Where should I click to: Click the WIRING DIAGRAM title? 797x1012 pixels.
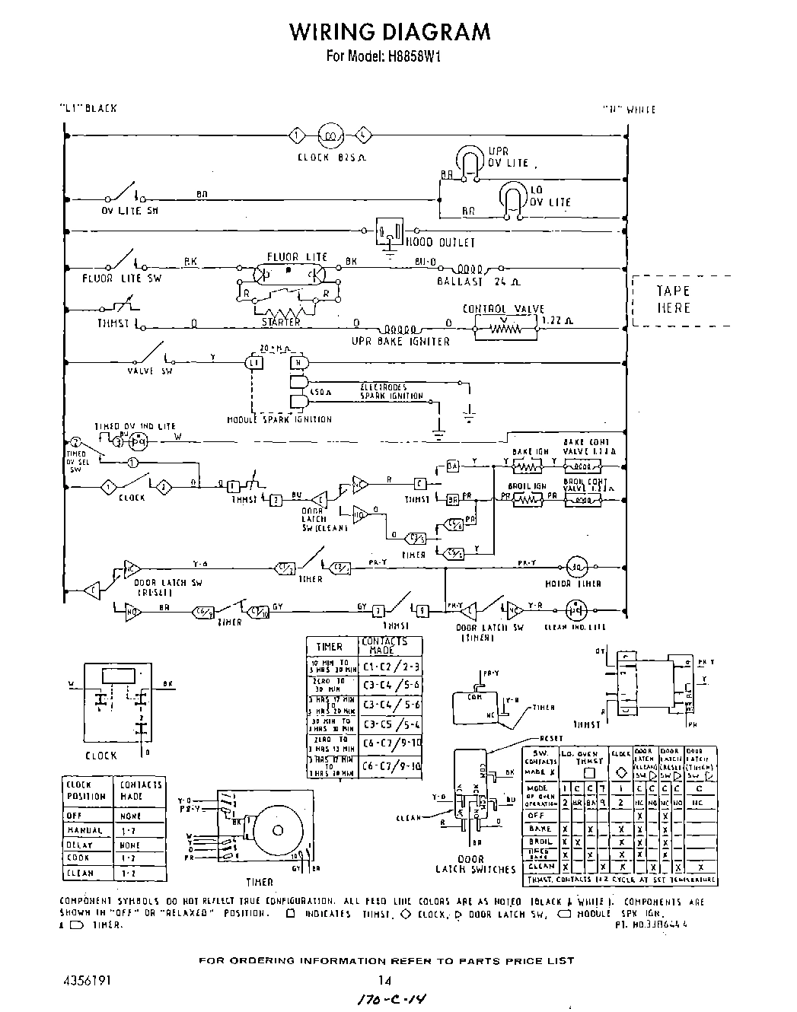tap(389, 31)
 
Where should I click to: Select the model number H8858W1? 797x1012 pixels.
tap(410, 56)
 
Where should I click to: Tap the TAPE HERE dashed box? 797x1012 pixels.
tap(674, 300)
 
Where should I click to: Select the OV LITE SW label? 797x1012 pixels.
tap(130, 211)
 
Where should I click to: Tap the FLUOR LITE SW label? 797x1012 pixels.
tap(122, 278)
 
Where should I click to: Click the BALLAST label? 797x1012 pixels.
tap(460, 282)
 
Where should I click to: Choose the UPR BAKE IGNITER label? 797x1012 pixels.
tap(400, 342)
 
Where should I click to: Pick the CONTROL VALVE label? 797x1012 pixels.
tap(503, 309)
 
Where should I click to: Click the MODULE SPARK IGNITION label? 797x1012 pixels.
tap(279, 419)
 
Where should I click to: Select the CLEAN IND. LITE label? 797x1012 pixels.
tap(575, 628)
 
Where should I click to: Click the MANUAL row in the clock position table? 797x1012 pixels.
tap(84, 830)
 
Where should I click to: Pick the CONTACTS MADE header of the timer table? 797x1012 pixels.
tap(384, 646)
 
